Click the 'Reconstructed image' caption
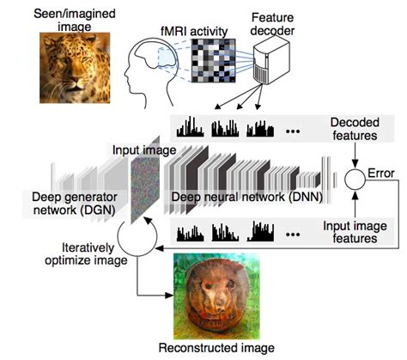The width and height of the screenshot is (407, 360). pos(217,348)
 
